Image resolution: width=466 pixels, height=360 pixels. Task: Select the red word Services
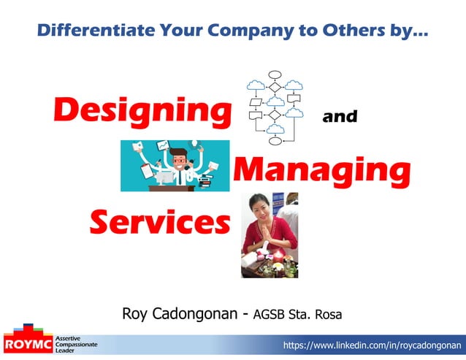[x=158, y=221]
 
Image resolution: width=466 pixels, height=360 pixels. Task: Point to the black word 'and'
[x=340, y=116]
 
